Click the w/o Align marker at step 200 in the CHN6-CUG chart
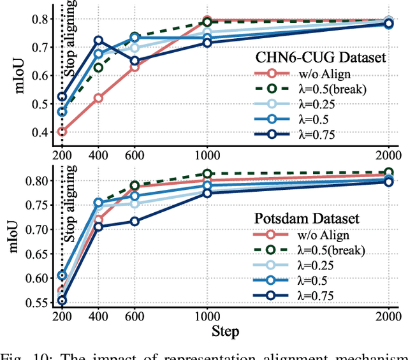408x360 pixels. [x=61, y=132]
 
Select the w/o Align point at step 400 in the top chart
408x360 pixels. [x=98, y=98]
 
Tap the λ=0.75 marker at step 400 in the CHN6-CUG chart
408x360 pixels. [x=98, y=41]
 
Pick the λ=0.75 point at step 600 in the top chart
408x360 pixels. [x=135, y=61]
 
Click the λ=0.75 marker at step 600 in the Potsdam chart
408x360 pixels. [x=135, y=221]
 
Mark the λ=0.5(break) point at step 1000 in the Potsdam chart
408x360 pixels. [x=207, y=173]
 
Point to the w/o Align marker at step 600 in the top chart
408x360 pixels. [x=135, y=67]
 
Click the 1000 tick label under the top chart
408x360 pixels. [x=207, y=155]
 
